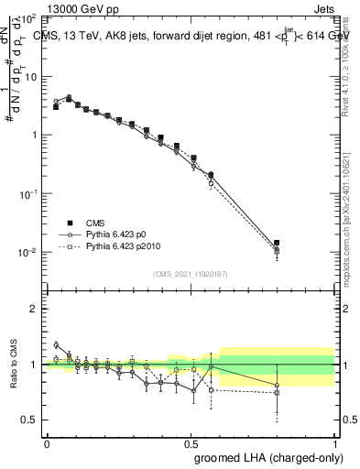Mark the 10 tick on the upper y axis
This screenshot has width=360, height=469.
coord(31,76)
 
